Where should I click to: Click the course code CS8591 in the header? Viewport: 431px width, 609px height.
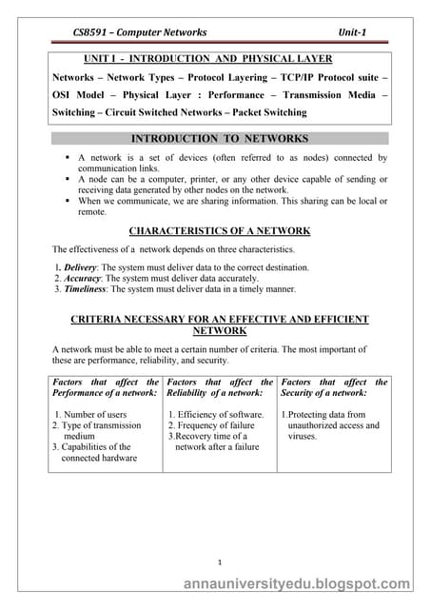tap(91, 32)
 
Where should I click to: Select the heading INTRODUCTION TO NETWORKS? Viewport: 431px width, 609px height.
tap(219, 138)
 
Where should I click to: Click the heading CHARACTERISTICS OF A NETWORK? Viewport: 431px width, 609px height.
tap(219, 230)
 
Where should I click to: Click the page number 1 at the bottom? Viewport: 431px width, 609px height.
tap(219, 561)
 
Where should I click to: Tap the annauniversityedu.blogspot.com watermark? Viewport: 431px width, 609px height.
tap(300, 585)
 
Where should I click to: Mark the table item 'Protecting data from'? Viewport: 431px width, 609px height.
tap(326, 415)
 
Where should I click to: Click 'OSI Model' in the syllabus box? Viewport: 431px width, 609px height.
tap(81, 93)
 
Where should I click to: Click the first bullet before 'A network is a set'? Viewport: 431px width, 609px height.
tap(68, 157)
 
